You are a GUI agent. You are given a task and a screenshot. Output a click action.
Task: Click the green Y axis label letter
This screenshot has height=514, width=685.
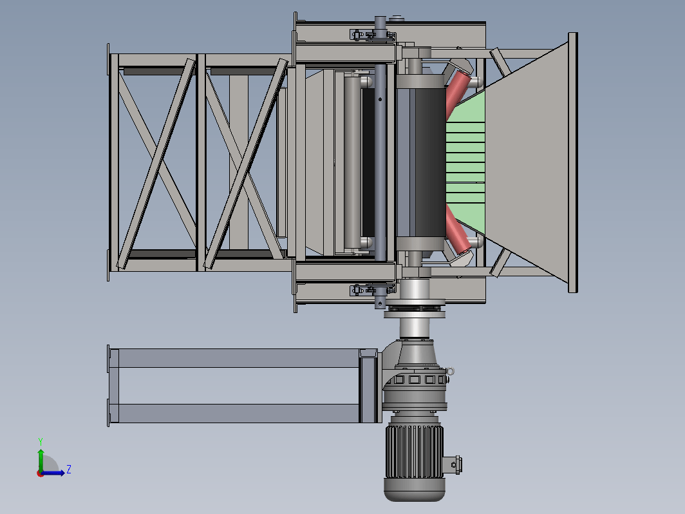click(40, 441)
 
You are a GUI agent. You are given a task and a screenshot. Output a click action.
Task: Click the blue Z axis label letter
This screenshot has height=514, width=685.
click(69, 470)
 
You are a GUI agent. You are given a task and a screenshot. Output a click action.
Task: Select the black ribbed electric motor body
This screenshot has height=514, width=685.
click(414, 452)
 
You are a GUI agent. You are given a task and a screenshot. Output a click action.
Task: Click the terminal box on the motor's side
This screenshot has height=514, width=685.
click(453, 464)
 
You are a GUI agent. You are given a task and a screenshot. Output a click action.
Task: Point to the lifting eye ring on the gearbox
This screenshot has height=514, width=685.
click(450, 371)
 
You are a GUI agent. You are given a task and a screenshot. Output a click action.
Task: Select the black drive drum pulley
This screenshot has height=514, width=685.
click(430, 162)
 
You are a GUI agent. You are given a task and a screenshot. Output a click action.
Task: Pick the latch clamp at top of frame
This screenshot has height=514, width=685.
click(372, 35)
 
